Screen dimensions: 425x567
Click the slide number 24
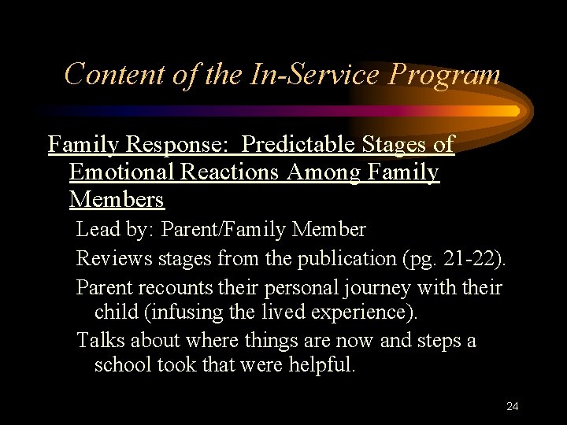(513, 406)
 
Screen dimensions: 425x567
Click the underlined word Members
(117, 200)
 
